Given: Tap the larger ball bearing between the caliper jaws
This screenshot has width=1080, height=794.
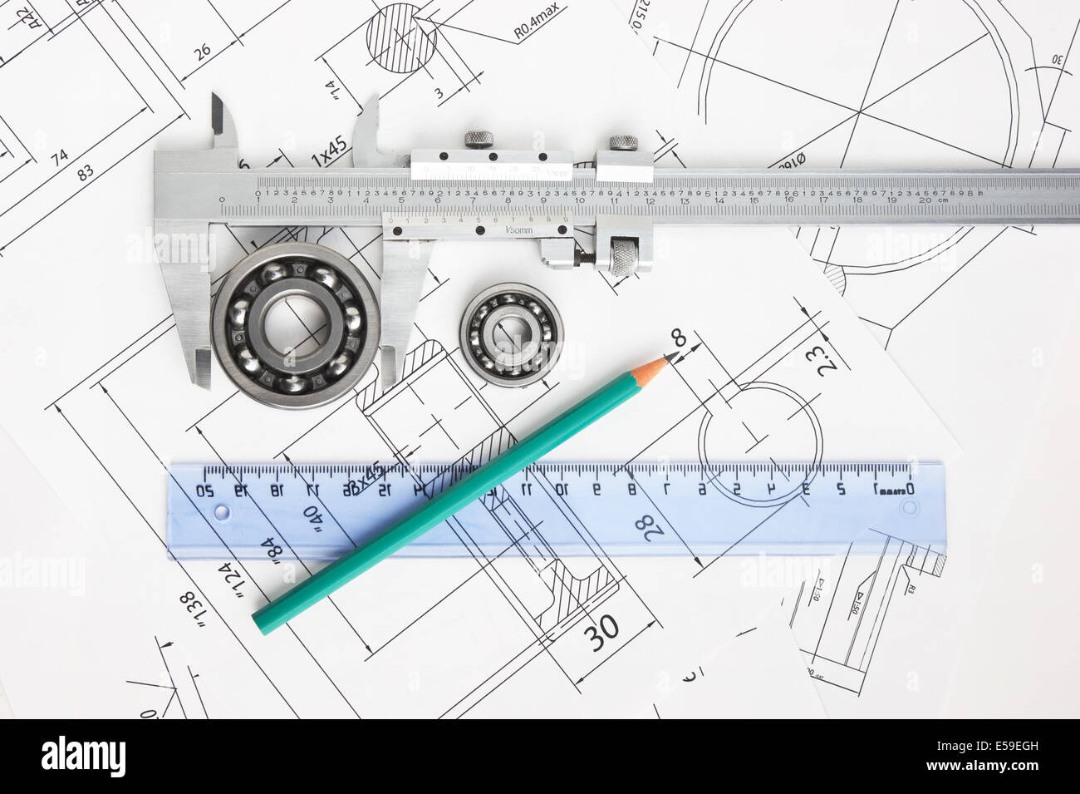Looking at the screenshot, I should coord(295,324).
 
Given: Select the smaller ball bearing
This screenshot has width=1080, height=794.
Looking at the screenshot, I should coord(511,334).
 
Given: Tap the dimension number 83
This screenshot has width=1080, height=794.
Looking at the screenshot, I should coord(85,173).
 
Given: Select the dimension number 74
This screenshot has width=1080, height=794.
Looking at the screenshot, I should coord(59,157).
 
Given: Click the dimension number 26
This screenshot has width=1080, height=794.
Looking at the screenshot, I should coord(202,52).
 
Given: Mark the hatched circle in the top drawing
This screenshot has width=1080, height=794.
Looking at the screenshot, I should coord(401,37).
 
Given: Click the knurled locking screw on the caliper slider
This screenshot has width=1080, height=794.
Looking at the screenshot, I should coord(479,139).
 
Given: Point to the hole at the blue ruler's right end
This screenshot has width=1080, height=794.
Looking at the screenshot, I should coord(907,506).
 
